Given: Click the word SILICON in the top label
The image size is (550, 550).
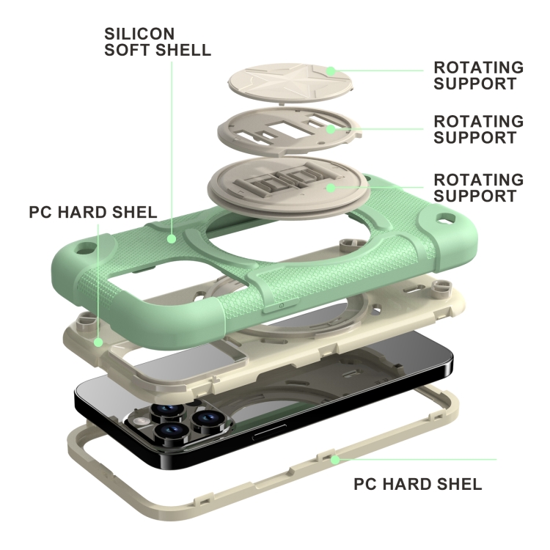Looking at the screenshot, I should pyautogui.click(x=139, y=34).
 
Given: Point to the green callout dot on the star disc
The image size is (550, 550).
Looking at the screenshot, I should pyautogui.click(x=331, y=71).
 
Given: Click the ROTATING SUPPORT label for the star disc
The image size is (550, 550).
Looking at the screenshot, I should pyautogui.click(x=478, y=76).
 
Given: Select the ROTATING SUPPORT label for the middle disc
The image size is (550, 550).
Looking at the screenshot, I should pyautogui.click(x=478, y=128).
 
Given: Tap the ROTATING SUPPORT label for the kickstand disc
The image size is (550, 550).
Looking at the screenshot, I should pyautogui.click(x=478, y=188).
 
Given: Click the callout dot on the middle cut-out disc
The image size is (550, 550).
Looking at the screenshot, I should pyautogui.click(x=331, y=129).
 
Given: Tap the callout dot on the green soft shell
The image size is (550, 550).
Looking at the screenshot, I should pyautogui.click(x=171, y=238).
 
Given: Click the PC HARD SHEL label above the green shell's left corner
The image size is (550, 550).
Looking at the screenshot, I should pyautogui.click(x=92, y=212).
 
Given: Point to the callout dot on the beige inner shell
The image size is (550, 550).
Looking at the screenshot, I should pyautogui.click(x=78, y=342).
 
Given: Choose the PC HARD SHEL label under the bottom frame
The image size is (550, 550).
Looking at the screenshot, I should pyautogui.click(x=417, y=485).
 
